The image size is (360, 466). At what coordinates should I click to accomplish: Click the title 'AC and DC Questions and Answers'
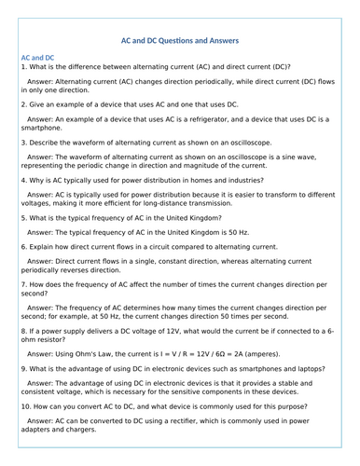click(x=181, y=40)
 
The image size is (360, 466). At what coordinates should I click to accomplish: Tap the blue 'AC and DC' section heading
click(x=38, y=57)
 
